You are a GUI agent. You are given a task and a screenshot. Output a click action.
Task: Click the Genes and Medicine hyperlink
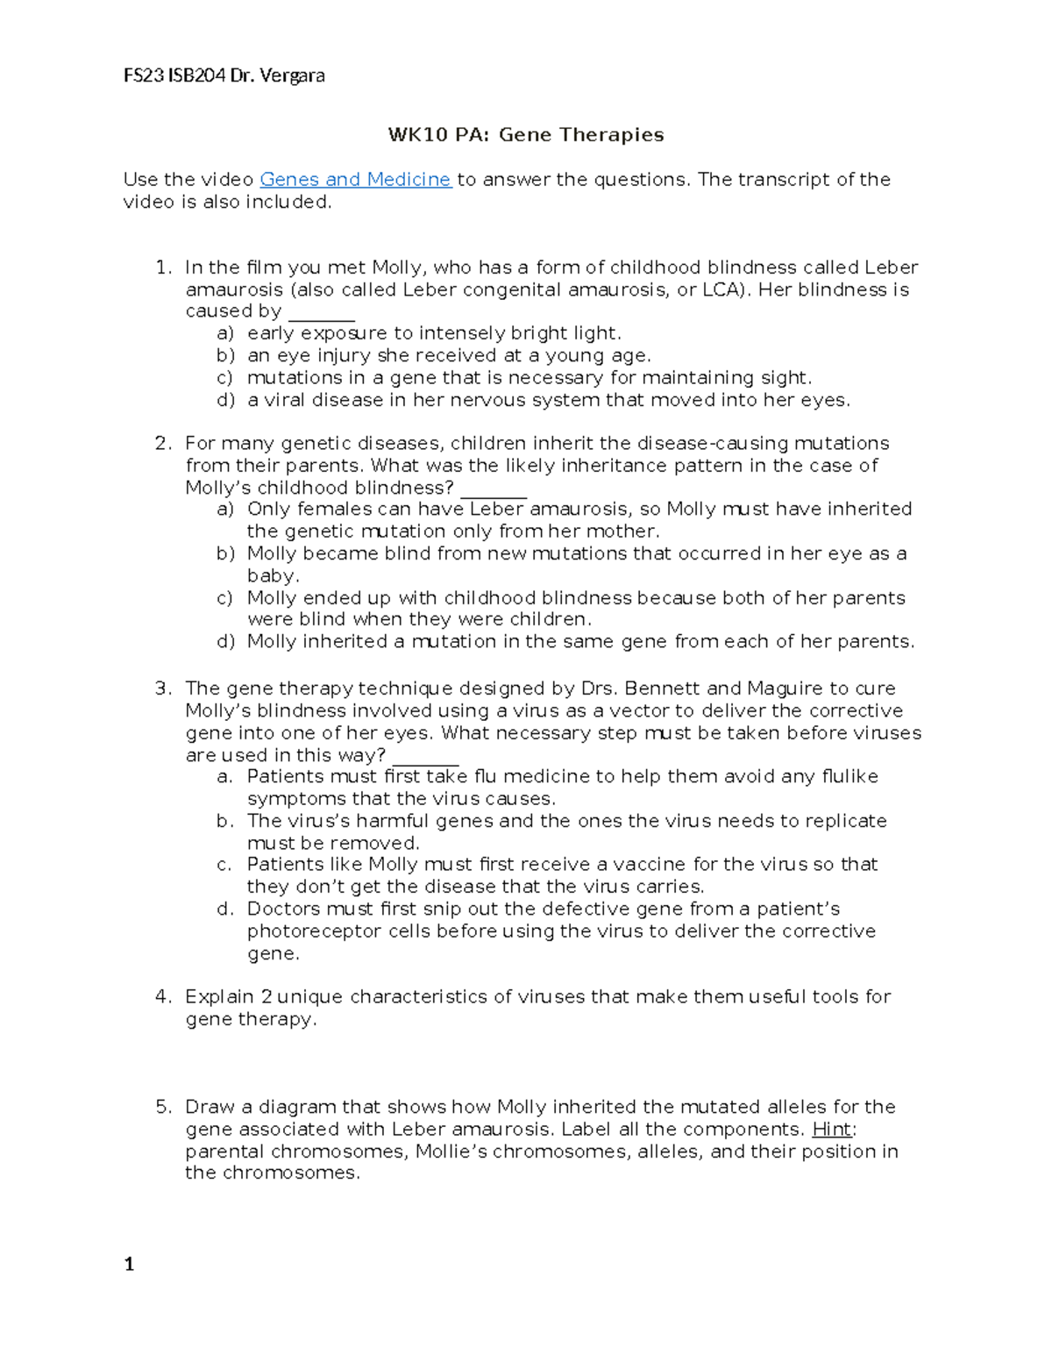coord(355,180)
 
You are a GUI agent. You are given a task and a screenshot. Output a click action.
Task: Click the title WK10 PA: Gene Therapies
coord(526,135)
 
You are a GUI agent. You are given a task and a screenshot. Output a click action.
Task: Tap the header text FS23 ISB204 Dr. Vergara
coord(224,75)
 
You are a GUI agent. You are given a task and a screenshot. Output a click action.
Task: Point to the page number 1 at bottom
coord(129,1264)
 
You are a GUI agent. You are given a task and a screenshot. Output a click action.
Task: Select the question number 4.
coord(162,996)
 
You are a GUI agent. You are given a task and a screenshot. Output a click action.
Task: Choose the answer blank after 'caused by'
coord(321,313)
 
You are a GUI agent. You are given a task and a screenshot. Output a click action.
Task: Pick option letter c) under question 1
coord(225,378)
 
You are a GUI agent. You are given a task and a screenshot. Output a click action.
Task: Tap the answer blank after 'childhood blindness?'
coord(493,489)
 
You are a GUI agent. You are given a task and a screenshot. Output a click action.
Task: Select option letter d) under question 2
coord(225,642)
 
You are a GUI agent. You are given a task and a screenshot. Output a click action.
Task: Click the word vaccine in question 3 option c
coord(650,865)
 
